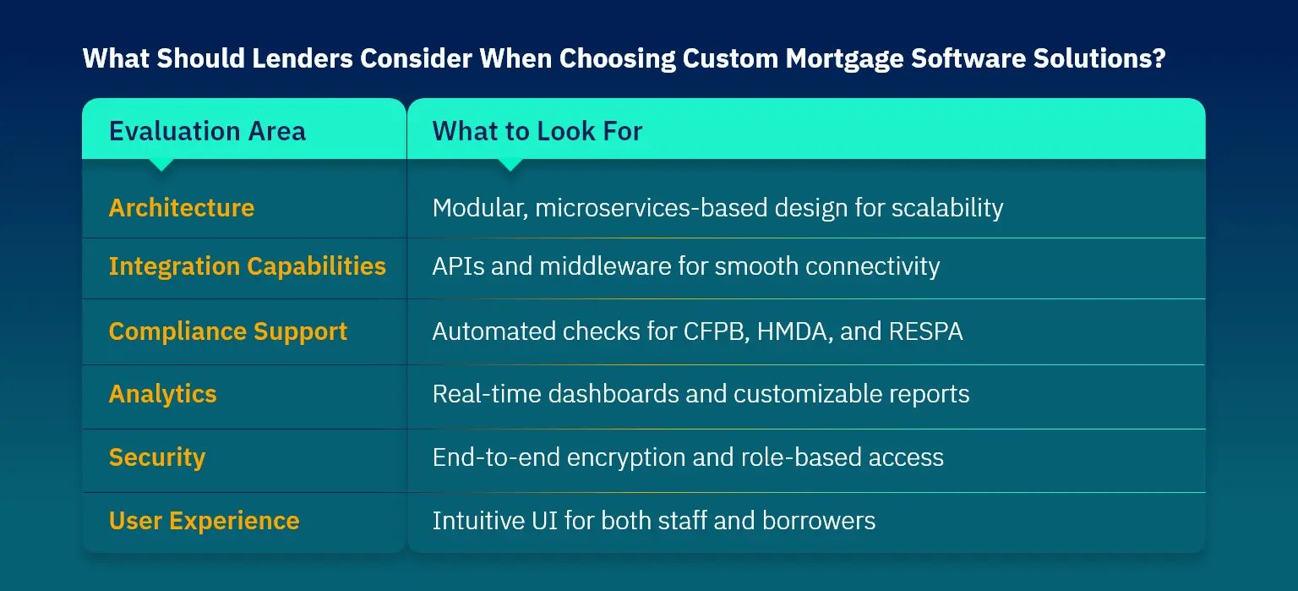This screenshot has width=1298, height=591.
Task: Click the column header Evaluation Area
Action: point(207,131)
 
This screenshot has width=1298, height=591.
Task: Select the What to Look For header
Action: point(537,131)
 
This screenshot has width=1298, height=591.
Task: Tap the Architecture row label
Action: point(182,208)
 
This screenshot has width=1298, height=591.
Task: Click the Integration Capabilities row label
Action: point(248,267)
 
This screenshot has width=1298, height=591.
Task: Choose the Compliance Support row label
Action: point(227,331)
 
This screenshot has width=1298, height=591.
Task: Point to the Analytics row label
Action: point(163,394)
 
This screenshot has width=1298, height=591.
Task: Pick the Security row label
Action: point(157,457)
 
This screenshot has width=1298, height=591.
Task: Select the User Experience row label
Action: point(204,521)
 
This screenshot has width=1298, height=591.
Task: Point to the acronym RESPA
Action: point(925,331)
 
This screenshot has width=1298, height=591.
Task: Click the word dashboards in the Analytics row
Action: point(613,394)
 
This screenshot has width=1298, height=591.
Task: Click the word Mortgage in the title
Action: point(844,58)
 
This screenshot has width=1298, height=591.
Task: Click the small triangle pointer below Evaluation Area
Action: point(161,165)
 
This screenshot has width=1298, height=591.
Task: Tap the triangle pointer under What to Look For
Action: point(510,165)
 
